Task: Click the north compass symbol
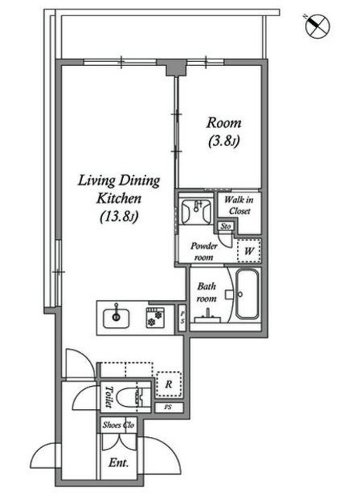click(x=314, y=28)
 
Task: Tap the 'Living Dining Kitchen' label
click(x=118, y=189)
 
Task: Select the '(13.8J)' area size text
click(x=118, y=217)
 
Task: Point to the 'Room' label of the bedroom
click(x=225, y=123)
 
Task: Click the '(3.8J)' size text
click(x=225, y=142)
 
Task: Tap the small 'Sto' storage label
click(x=226, y=227)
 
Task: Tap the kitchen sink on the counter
click(x=117, y=316)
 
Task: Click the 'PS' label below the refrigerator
click(x=167, y=407)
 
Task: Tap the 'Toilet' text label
click(x=110, y=396)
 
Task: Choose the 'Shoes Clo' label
click(x=120, y=424)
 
